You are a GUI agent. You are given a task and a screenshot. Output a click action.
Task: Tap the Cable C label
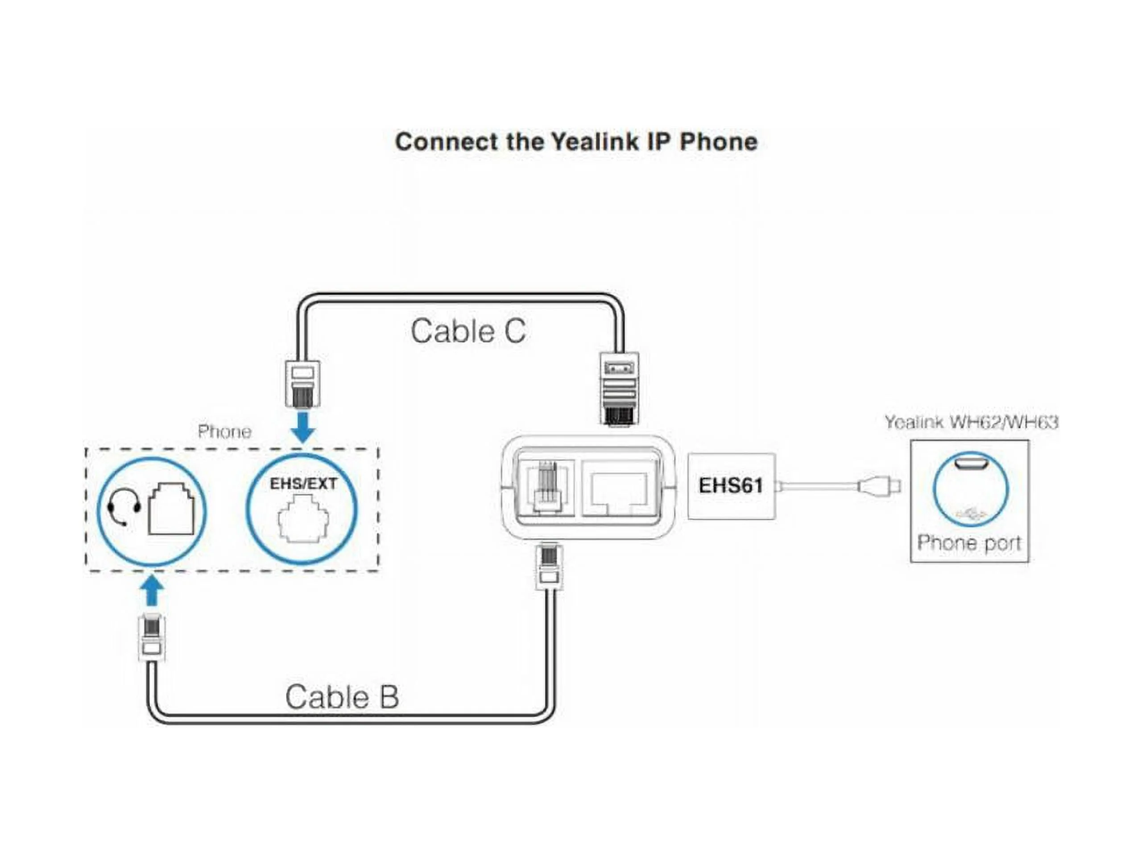point(468,331)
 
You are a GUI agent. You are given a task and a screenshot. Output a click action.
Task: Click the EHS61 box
point(731,486)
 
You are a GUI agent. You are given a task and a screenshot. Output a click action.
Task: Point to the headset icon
point(124,506)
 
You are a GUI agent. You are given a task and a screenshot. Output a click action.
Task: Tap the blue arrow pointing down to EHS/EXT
point(303,427)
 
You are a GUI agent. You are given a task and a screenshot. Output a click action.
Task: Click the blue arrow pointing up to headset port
point(152,591)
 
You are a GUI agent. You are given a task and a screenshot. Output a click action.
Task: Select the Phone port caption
point(969,543)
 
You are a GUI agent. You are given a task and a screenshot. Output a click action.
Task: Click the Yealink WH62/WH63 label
point(971,422)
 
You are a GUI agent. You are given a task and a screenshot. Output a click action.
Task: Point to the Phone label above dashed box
point(224,432)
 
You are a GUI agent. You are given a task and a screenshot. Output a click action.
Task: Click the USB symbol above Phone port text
point(971,514)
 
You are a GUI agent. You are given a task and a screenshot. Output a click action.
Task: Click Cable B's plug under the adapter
point(549,567)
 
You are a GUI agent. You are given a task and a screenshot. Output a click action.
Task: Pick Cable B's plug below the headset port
point(152,637)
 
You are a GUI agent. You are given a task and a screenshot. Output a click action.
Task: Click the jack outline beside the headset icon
point(171,509)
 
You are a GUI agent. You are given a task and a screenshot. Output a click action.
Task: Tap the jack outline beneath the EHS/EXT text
point(303,519)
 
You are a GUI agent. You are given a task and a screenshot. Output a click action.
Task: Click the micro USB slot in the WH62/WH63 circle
point(971,464)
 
